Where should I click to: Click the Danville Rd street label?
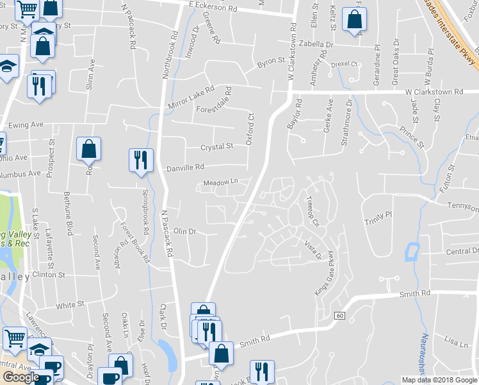(x=185, y=167)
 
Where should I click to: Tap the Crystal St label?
(x=216, y=147)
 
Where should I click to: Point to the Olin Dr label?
(x=184, y=231)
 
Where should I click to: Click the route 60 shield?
(x=339, y=315)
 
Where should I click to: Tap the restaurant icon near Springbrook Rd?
(x=141, y=160)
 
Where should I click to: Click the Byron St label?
(x=271, y=62)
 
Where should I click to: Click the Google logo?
(x=21, y=377)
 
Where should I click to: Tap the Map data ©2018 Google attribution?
(x=439, y=380)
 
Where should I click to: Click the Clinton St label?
(x=49, y=275)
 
